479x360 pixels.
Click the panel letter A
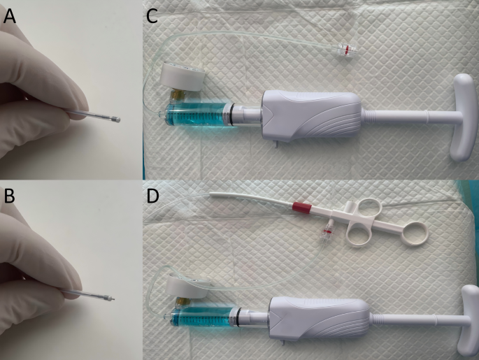pos(9,17)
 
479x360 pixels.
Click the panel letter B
pos(9,196)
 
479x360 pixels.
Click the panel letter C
pos(152,17)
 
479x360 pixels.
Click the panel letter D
pos(152,196)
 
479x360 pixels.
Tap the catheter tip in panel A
pos(118,120)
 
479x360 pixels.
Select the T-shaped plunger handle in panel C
pos(464,117)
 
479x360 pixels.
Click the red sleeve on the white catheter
pos(302,208)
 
